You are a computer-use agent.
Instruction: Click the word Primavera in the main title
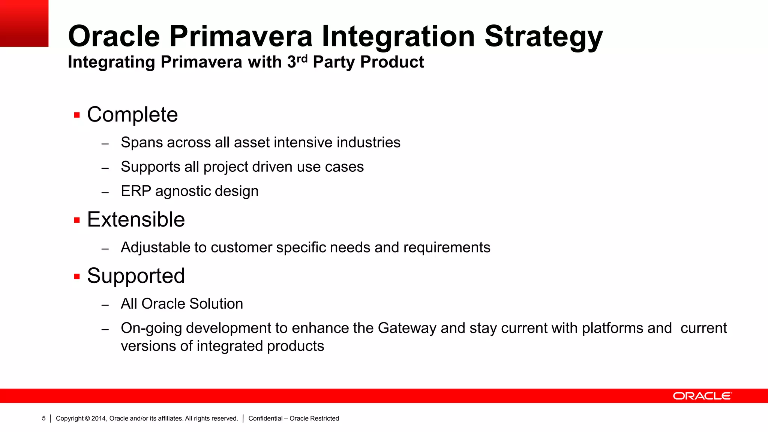[x=241, y=36]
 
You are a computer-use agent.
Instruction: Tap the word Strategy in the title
[x=543, y=37]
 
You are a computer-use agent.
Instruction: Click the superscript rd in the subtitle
[x=302, y=58]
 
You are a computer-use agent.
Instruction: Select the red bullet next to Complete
[x=77, y=115]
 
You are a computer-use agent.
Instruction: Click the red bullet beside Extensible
[x=77, y=220]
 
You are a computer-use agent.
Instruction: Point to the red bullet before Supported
[x=77, y=277]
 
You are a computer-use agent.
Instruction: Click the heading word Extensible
[x=136, y=219]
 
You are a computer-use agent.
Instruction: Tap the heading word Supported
[x=136, y=276]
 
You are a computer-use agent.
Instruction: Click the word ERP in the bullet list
[x=135, y=191]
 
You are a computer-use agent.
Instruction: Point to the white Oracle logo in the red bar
[x=702, y=396]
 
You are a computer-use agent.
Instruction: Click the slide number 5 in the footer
[x=43, y=418]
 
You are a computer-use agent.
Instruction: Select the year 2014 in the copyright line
[x=99, y=418]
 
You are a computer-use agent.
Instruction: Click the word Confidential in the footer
[x=265, y=418]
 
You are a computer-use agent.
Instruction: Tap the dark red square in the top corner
[x=24, y=23]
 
